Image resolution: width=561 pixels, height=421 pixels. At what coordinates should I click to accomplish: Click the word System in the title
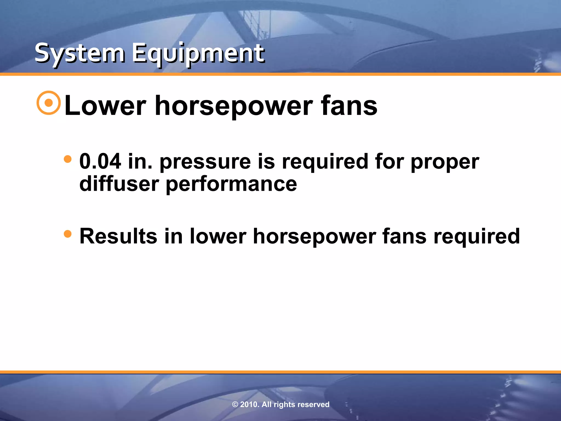(80, 53)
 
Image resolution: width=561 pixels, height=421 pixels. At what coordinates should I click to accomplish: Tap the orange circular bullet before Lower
(48, 103)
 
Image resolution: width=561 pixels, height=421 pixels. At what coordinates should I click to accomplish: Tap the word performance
(231, 184)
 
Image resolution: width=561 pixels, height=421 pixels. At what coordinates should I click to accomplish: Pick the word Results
(118, 236)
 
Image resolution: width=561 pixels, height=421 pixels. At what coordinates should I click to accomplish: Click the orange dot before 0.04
(67, 159)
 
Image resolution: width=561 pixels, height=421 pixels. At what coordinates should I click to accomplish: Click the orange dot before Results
(67, 234)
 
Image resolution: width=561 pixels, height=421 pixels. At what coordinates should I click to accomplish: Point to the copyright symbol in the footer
(235, 405)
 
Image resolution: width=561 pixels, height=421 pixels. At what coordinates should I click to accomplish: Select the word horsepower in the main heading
(234, 106)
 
